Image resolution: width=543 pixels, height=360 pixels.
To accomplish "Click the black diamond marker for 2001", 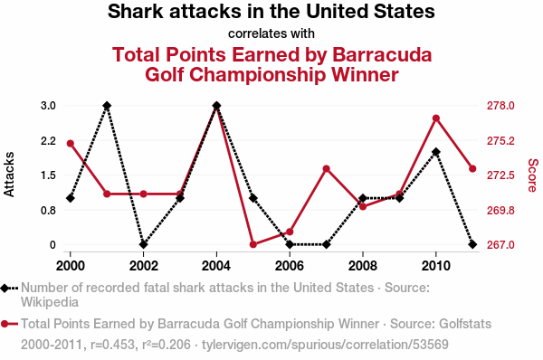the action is (107, 106).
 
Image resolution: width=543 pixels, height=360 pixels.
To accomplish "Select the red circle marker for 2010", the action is (436, 118).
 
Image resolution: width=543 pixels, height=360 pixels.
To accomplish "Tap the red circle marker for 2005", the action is (253, 244).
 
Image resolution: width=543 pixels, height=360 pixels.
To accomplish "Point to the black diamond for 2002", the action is (143, 244).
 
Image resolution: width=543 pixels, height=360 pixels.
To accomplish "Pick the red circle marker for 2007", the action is (326, 169).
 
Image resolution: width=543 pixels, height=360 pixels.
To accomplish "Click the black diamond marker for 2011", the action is (472, 244).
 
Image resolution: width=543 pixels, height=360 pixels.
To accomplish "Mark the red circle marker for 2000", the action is (71, 144).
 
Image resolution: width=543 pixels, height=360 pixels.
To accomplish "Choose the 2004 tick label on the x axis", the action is (216, 266).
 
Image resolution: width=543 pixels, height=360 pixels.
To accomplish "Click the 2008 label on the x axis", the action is (363, 266).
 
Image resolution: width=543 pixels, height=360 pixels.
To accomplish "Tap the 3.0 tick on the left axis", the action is (48, 106).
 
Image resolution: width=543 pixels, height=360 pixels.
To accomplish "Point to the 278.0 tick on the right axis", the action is (500, 106).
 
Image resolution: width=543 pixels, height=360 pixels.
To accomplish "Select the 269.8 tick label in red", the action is (500, 210).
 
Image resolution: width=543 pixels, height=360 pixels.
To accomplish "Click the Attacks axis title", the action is (9, 175).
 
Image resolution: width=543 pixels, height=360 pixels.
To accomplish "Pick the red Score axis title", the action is (533, 175).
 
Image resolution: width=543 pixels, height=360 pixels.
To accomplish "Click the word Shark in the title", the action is (136, 11).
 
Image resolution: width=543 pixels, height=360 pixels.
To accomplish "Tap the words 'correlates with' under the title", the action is (271, 33).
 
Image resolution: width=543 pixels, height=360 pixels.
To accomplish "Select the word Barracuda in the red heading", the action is (382, 54).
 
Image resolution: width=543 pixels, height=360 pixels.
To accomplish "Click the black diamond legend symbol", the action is (5, 288).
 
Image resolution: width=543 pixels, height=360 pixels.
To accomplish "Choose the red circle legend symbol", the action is (5, 324).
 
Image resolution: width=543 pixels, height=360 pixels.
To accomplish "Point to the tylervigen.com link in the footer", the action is (325, 345).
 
